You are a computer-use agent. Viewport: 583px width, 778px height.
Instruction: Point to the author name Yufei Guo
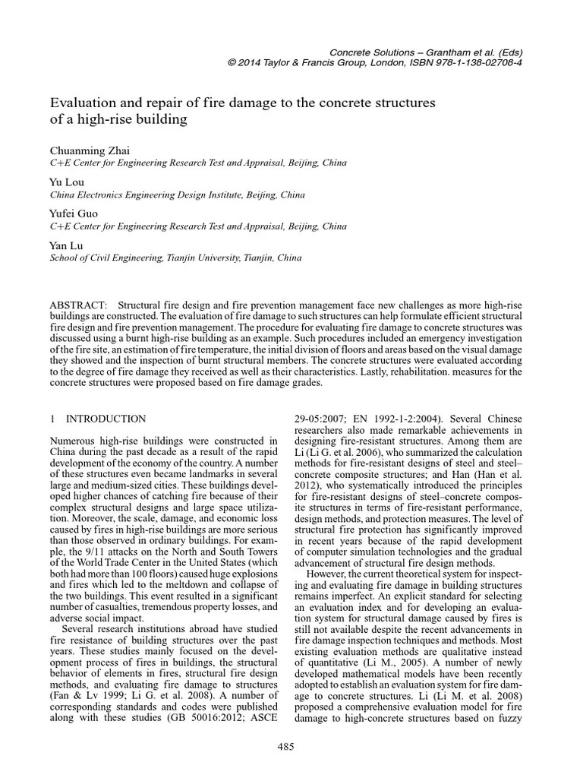coord(74,213)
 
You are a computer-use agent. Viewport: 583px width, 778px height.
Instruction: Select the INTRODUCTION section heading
coord(106,419)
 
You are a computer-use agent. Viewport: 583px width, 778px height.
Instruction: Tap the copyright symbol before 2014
coord(232,63)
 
